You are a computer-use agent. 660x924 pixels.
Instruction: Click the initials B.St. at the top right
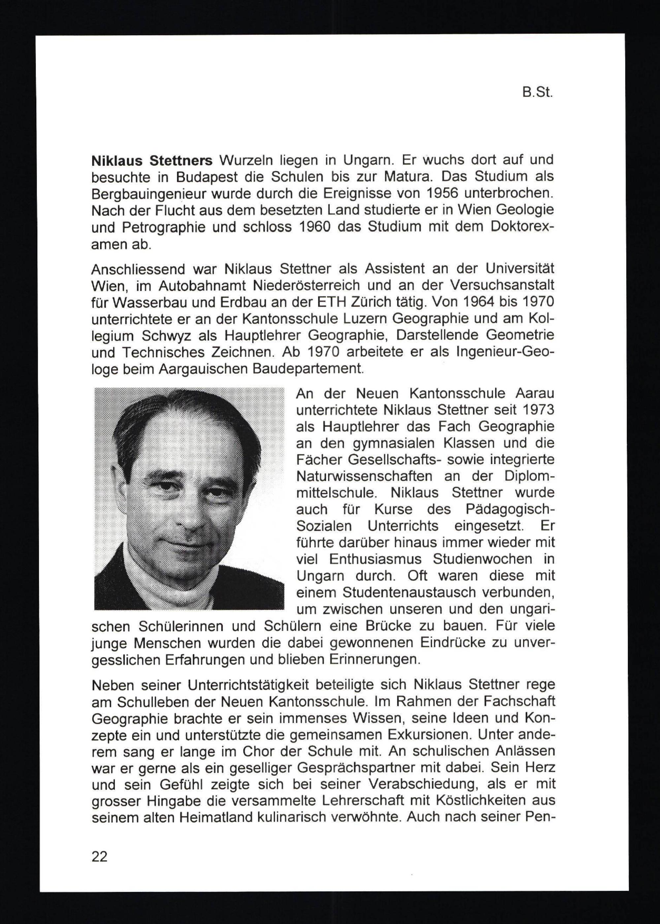tap(537, 93)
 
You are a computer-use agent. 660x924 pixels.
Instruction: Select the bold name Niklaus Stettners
tap(151, 161)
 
